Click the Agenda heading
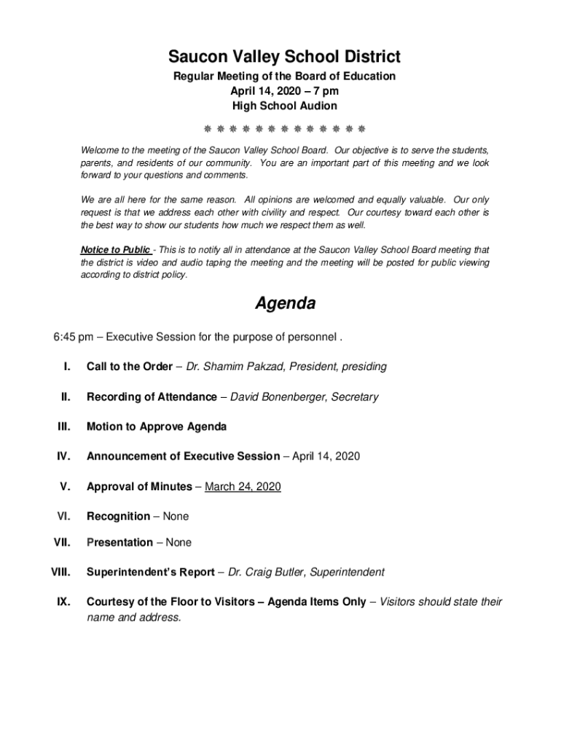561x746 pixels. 285,303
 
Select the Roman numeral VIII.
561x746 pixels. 60,572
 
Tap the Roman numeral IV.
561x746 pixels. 63,456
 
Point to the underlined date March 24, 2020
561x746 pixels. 243,486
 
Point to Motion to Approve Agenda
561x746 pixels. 157,426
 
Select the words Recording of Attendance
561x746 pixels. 152,396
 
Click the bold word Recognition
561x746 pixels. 118,516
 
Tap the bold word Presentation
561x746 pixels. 119,542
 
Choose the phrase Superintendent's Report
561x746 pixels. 150,572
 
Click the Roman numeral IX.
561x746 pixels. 63,602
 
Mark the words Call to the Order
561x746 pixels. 130,366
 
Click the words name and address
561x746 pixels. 133,617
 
